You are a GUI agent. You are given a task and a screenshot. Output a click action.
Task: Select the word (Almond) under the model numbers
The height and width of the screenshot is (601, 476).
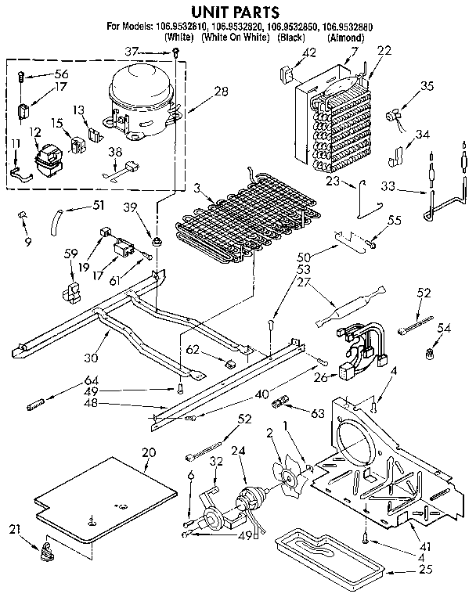[x=345, y=38]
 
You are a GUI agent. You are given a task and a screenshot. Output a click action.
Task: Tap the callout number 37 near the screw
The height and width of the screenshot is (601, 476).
[x=155, y=52]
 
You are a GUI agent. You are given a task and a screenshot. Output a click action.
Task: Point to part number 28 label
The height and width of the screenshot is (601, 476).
[x=222, y=92]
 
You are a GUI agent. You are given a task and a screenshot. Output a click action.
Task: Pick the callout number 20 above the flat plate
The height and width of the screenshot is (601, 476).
[x=149, y=452]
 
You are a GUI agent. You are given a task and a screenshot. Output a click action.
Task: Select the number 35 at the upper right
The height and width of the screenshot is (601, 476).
[x=427, y=86]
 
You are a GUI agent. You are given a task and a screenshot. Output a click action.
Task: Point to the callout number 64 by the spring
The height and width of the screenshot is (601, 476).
[x=68, y=381]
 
